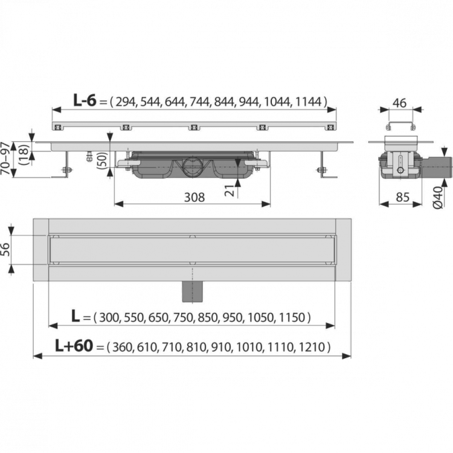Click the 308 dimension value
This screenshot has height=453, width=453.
[x=194, y=198]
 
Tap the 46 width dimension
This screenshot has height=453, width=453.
[x=400, y=103]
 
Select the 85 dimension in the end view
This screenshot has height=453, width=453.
[x=402, y=198]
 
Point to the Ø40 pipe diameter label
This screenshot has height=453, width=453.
[x=438, y=198]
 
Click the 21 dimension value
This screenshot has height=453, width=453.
[x=230, y=190]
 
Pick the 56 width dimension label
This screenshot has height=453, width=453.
[x=5, y=249]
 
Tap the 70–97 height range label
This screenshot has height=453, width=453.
[x=5, y=158]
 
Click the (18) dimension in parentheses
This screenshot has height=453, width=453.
[x=24, y=155]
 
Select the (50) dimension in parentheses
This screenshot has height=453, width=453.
[x=103, y=159]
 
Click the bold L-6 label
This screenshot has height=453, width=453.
[x=85, y=100]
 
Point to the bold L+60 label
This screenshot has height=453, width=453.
[x=74, y=345]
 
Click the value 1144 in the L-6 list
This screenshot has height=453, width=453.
[x=308, y=101]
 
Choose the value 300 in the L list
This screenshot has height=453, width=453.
[x=109, y=318]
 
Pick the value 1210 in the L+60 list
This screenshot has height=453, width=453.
[x=312, y=347]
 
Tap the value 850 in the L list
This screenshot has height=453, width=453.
[x=207, y=318]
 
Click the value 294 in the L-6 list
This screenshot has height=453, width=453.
[x=126, y=101]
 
